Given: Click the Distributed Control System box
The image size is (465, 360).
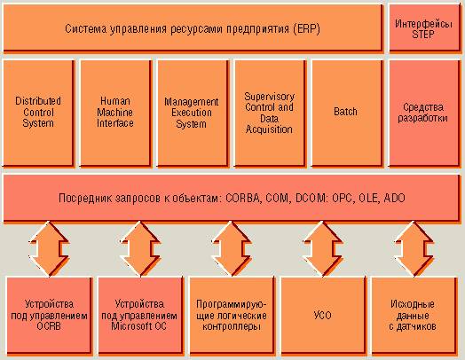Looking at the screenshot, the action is [38, 113].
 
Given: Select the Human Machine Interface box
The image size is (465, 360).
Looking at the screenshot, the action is [115, 113].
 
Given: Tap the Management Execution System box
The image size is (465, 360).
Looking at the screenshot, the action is [193, 113].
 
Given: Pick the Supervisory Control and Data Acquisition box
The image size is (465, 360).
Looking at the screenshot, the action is [270, 113].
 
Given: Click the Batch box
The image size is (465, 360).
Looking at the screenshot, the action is [346, 113].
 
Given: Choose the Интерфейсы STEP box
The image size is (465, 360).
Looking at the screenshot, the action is [424, 28].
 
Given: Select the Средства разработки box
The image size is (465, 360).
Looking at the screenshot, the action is [424, 113].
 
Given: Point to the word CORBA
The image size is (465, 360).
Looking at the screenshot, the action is [242, 198].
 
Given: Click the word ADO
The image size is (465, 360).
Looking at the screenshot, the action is [394, 198].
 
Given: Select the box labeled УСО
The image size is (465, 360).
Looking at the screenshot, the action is [323, 316].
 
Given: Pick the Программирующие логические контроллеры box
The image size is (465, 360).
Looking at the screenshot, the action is [232, 316].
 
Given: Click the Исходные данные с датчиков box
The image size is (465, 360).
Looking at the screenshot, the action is [414, 316].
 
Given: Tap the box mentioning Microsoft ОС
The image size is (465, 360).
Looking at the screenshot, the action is [140, 316].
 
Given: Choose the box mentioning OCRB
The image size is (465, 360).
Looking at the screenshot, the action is [49, 316].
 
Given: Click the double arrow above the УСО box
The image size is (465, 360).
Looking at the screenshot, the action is [323, 249].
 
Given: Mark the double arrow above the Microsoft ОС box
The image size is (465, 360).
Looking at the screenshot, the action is [140, 249].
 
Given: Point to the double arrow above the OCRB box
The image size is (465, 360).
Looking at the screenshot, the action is [49, 249].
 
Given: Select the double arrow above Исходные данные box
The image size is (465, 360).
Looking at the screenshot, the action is [414, 249].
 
